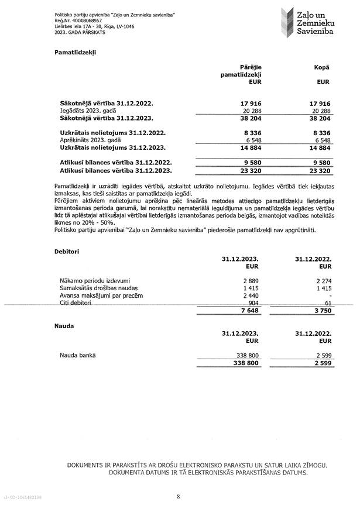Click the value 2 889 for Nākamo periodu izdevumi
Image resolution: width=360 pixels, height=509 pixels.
tap(251, 280)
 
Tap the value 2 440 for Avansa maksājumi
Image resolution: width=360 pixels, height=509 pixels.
tap(251, 295)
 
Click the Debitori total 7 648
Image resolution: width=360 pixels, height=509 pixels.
tap(250, 311)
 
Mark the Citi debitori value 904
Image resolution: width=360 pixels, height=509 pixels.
tap(253, 303)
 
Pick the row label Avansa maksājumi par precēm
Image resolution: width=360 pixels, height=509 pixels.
tap(101, 295)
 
